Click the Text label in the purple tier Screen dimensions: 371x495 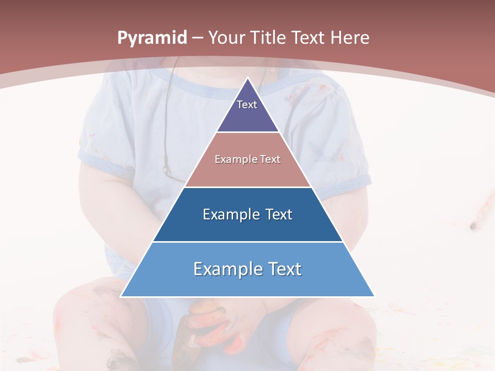pyautogui.click(x=247, y=105)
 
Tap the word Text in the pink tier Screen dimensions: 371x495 pyautogui.click(x=270, y=159)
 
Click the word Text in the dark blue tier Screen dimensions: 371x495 pyautogui.click(x=279, y=214)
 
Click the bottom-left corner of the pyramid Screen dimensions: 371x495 pyautogui.click(x=122, y=296)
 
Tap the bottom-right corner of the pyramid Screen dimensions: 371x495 pyautogui.click(x=374, y=296)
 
